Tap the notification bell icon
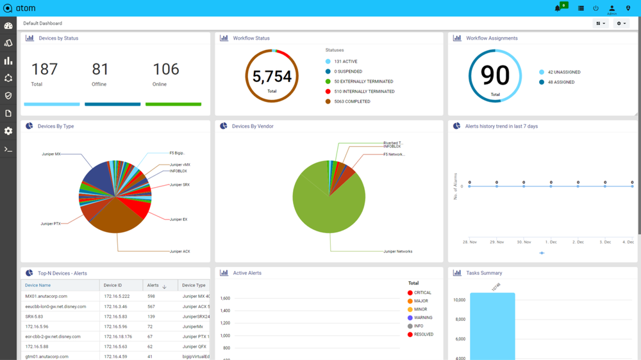click(x=558, y=8)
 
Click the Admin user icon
click(x=612, y=8)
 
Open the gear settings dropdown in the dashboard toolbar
click(x=620, y=24)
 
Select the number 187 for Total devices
click(x=44, y=69)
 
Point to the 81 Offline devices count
click(x=100, y=69)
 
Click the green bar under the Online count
click(x=173, y=104)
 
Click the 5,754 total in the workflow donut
click(x=272, y=77)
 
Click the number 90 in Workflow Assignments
click(x=495, y=76)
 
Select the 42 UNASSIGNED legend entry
click(x=563, y=72)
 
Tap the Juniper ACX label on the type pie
click(x=179, y=252)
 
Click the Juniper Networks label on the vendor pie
click(x=397, y=252)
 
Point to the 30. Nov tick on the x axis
click(x=524, y=242)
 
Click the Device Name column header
click(x=38, y=285)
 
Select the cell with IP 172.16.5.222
click(x=117, y=297)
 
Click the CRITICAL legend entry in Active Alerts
click(x=422, y=293)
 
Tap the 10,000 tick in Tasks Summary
click(x=459, y=300)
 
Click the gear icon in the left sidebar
click(x=8, y=131)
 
